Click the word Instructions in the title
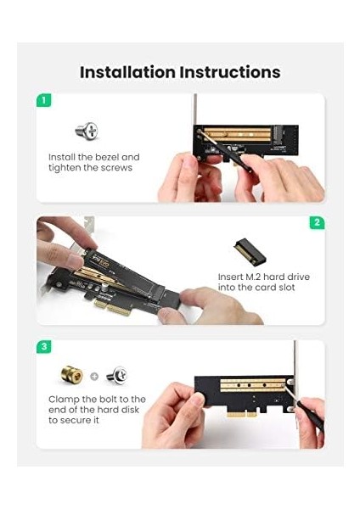tap(230, 72)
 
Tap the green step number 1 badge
tap(43, 100)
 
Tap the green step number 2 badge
tap(316, 222)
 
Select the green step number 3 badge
tap(43, 347)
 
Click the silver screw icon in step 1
tap(87, 131)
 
